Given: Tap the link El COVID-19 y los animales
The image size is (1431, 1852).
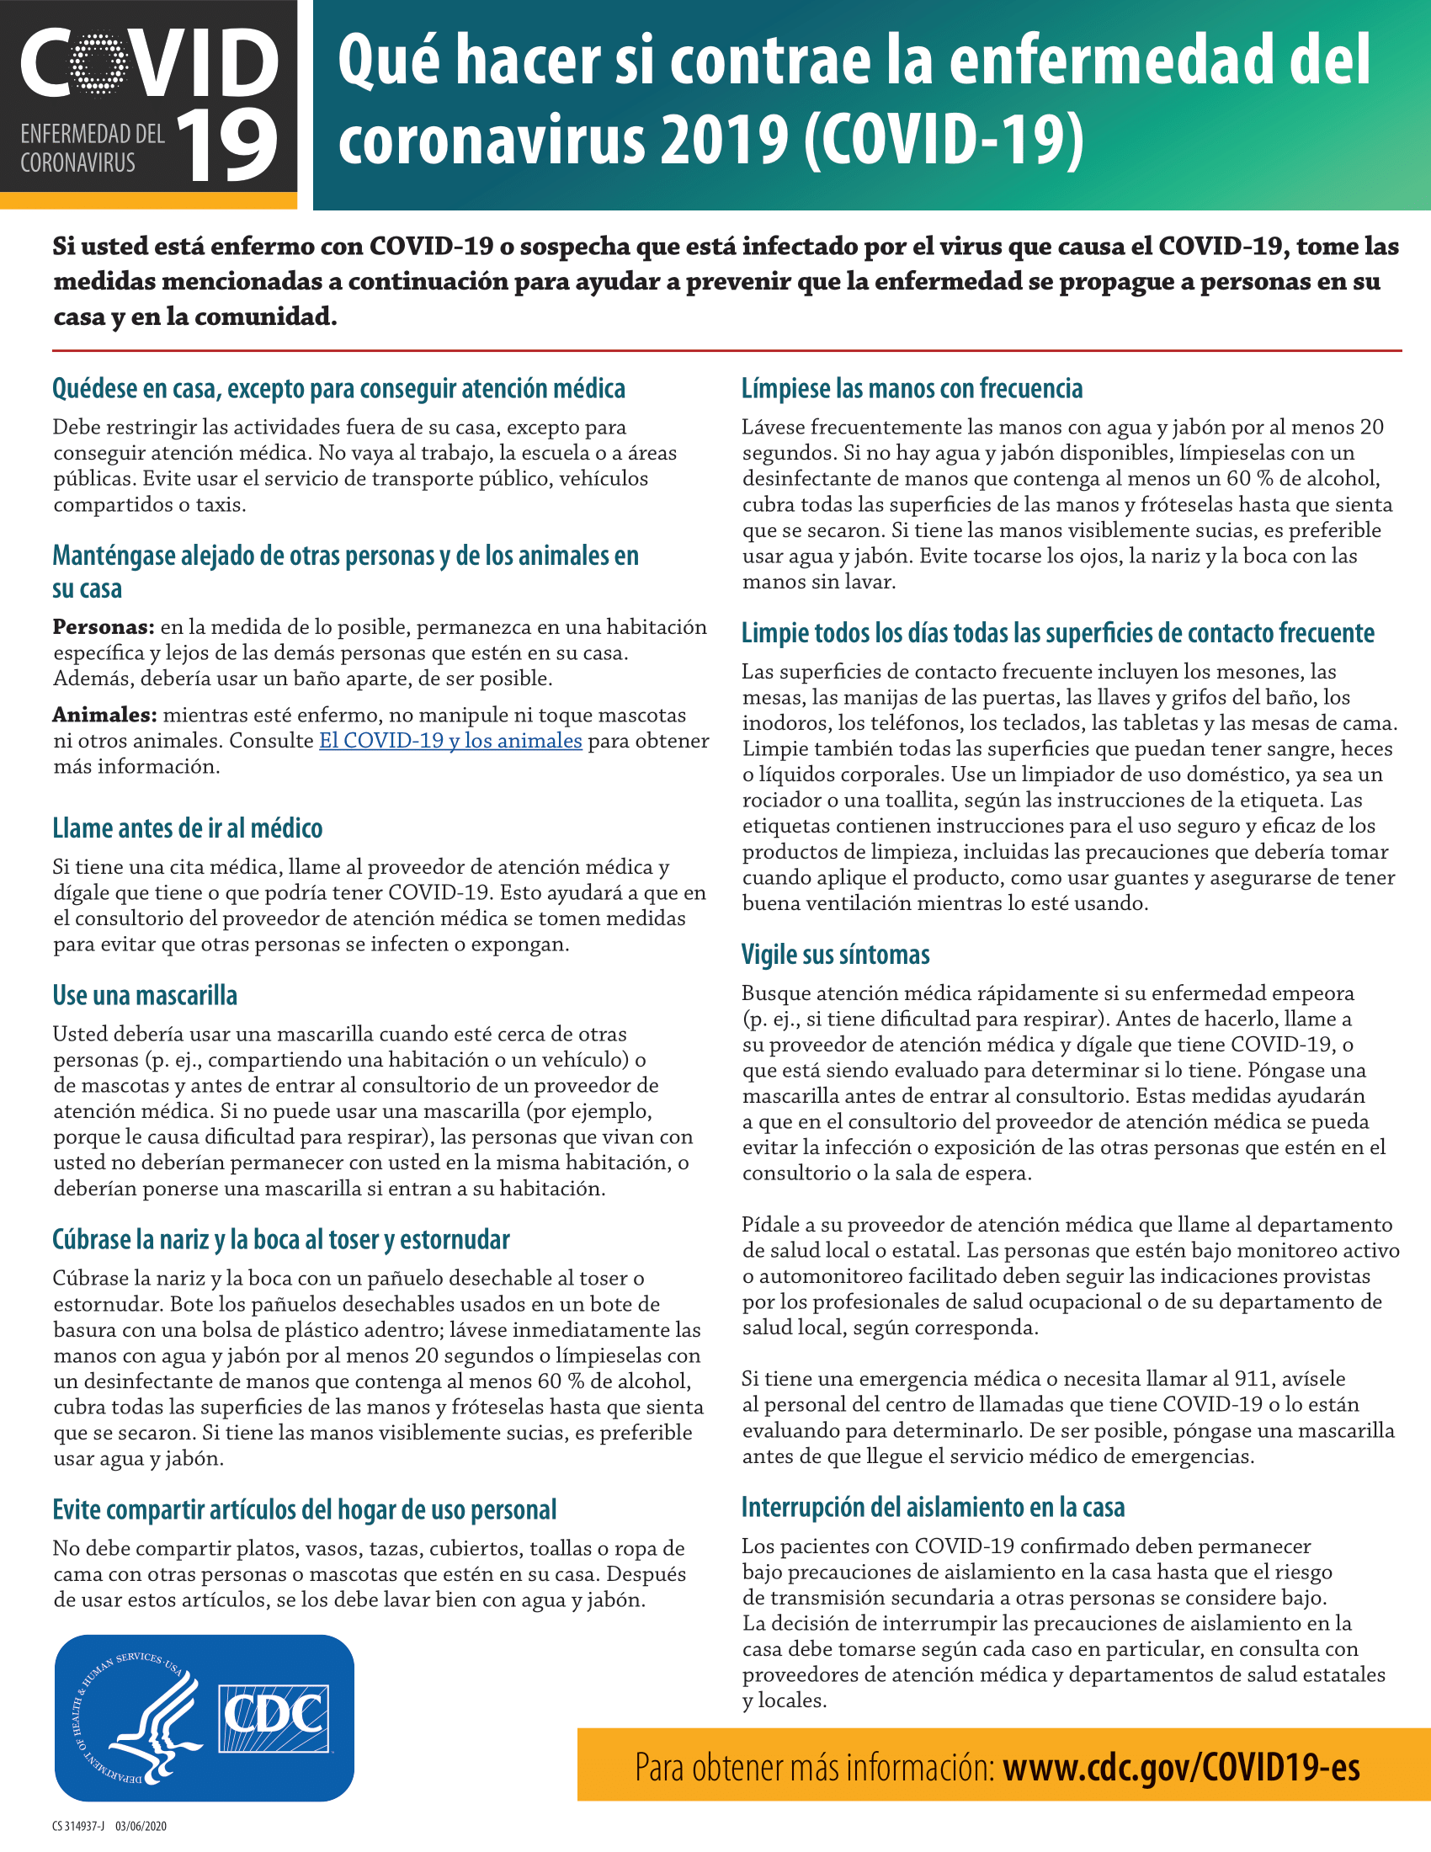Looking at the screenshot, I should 450,740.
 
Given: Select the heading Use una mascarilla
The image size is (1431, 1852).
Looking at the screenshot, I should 145,995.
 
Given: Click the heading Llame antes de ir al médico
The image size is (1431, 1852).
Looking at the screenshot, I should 188,828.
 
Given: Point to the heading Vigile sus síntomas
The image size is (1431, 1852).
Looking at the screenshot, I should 835,954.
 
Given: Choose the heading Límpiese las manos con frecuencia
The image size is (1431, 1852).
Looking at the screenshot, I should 912,388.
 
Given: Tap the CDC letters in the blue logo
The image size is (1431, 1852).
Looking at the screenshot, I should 273,1716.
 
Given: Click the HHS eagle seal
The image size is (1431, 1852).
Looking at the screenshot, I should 137,1716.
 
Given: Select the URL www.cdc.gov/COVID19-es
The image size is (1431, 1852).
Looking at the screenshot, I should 1181,1769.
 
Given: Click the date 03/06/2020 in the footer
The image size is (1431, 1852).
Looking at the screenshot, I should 141,1826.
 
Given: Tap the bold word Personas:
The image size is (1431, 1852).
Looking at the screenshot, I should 104,627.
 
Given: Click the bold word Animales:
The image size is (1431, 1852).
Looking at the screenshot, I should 105,715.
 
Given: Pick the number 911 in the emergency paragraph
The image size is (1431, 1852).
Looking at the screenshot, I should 1251,1379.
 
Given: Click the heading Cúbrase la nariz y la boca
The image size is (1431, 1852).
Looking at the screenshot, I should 280,1239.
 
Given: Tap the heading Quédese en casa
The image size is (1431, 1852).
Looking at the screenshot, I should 338,388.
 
